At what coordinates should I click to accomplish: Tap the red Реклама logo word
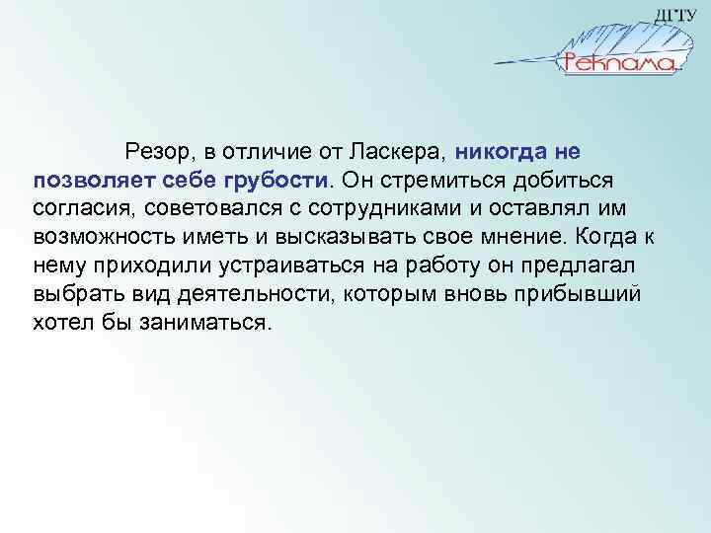tap(619, 63)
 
